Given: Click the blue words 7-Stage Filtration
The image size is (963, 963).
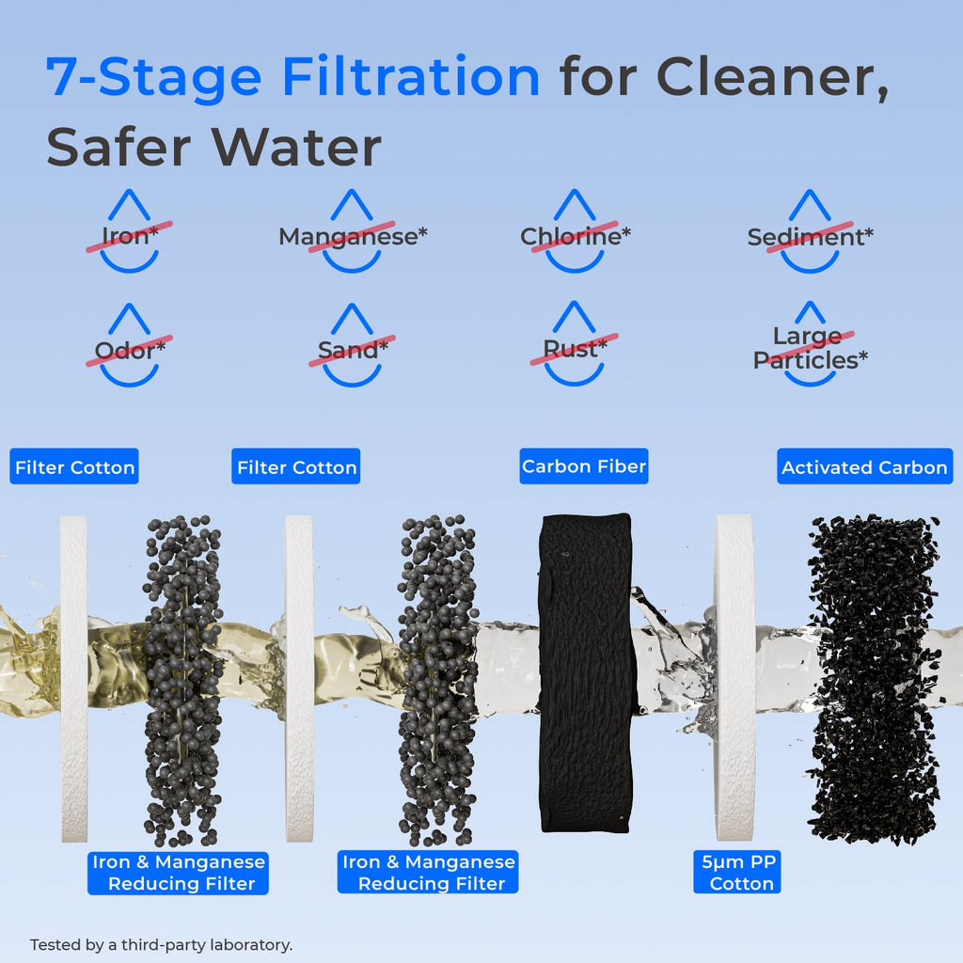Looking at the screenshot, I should (x=292, y=78).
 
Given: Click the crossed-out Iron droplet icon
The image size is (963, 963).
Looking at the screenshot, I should (x=130, y=233).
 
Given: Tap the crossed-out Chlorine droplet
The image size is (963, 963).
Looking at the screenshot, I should (x=575, y=234).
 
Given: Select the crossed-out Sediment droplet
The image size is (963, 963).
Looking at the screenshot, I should (x=810, y=234).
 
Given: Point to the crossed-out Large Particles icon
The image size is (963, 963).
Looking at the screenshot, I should (x=810, y=347).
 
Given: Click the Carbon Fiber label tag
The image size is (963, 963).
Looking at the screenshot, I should (x=584, y=466).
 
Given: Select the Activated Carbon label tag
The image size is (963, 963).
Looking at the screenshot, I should (x=864, y=467).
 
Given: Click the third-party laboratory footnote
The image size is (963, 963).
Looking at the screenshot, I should (x=162, y=944).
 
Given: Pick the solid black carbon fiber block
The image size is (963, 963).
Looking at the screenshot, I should (x=585, y=672).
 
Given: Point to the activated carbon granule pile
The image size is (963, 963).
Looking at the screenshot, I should (x=873, y=677).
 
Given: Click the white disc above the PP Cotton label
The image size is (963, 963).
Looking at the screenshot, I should (x=734, y=677).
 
